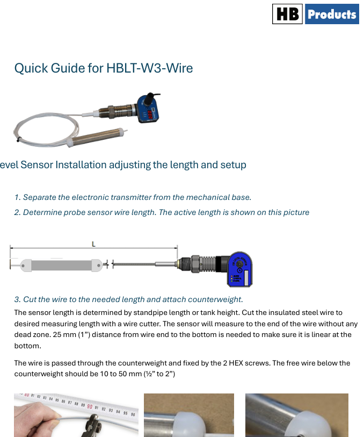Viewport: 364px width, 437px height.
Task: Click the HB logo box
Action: (x=287, y=14)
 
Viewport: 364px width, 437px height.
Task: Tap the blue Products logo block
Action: (x=332, y=14)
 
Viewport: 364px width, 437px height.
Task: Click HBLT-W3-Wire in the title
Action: (x=150, y=68)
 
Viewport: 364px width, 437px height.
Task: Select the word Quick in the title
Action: (x=31, y=68)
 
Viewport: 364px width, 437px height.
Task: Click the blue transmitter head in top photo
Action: (x=149, y=109)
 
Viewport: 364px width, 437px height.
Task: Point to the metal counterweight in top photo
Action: (x=96, y=137)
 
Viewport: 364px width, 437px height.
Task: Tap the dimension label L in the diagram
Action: (x=93, y=244)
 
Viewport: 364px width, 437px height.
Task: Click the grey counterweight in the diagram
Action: (x=62, y=266)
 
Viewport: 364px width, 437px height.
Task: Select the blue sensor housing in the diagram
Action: (x=240, y=269)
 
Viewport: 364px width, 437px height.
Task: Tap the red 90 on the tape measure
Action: (x=90, y=406)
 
